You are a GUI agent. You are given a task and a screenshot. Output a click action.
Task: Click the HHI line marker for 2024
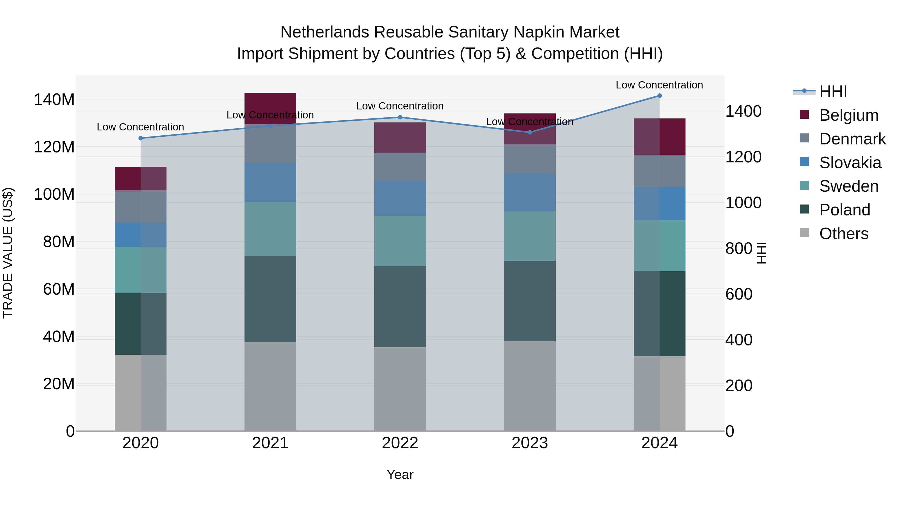pos(659,96)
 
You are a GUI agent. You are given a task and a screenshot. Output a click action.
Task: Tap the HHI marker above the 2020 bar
pos(141,138)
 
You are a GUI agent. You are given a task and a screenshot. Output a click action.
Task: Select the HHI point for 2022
pos(400,117)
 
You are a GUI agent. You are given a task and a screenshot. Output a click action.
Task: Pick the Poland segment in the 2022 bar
pos(400,306)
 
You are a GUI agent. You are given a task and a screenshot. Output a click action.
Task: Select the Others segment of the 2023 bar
pos(530,386)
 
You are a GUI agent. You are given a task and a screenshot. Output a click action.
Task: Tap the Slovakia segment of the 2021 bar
pos(270,182)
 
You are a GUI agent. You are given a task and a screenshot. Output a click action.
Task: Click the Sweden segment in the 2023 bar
pos(530,236)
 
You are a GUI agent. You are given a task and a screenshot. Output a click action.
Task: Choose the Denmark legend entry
pos(852,139)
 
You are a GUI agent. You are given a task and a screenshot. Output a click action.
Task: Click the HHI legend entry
pos(833,91)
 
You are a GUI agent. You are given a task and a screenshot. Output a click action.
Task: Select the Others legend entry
pos(843,234)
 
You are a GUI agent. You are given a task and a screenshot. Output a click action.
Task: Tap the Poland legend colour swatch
pos(804,210)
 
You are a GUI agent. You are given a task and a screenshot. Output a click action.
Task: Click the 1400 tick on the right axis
pos(743,111)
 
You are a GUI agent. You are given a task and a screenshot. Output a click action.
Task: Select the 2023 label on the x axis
pos(530,443)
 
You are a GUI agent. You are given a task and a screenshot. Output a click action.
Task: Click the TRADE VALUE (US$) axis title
pos(8,253)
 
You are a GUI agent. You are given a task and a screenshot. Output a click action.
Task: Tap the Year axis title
pos(400,475)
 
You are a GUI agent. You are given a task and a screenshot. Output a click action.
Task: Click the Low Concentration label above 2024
pos(659,85)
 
